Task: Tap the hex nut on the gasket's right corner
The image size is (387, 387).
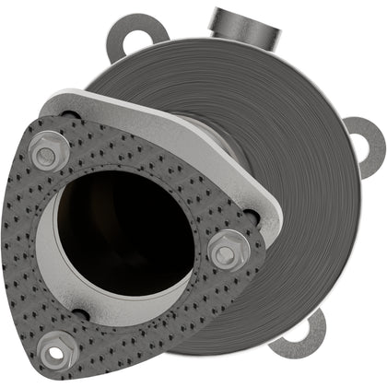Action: click(227, 250)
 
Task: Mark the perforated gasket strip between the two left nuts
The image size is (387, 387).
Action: click(33, 249)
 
